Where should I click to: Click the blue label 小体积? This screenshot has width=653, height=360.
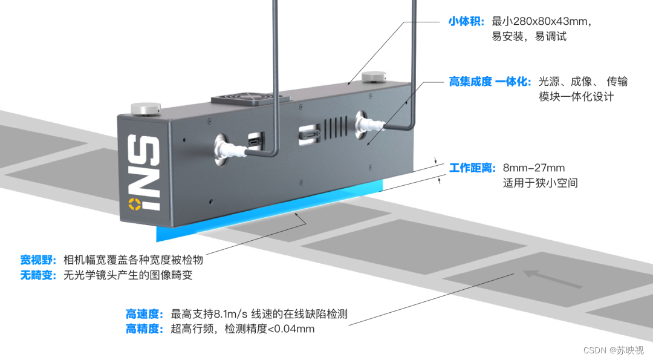466,22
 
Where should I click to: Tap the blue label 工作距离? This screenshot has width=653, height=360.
472,168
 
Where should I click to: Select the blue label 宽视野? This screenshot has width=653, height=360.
39,260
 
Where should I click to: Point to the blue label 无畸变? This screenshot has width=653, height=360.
39,275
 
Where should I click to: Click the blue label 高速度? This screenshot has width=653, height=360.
145,314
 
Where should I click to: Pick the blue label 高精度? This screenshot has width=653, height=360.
145,329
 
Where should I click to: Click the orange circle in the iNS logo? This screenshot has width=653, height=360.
133,204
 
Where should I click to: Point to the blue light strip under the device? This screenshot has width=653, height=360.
266,212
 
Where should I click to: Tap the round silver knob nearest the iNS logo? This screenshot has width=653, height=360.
145,109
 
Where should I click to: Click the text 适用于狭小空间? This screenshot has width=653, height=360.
540,183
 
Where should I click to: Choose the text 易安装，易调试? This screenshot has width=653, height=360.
529,37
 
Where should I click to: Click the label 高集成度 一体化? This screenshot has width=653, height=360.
489,82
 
